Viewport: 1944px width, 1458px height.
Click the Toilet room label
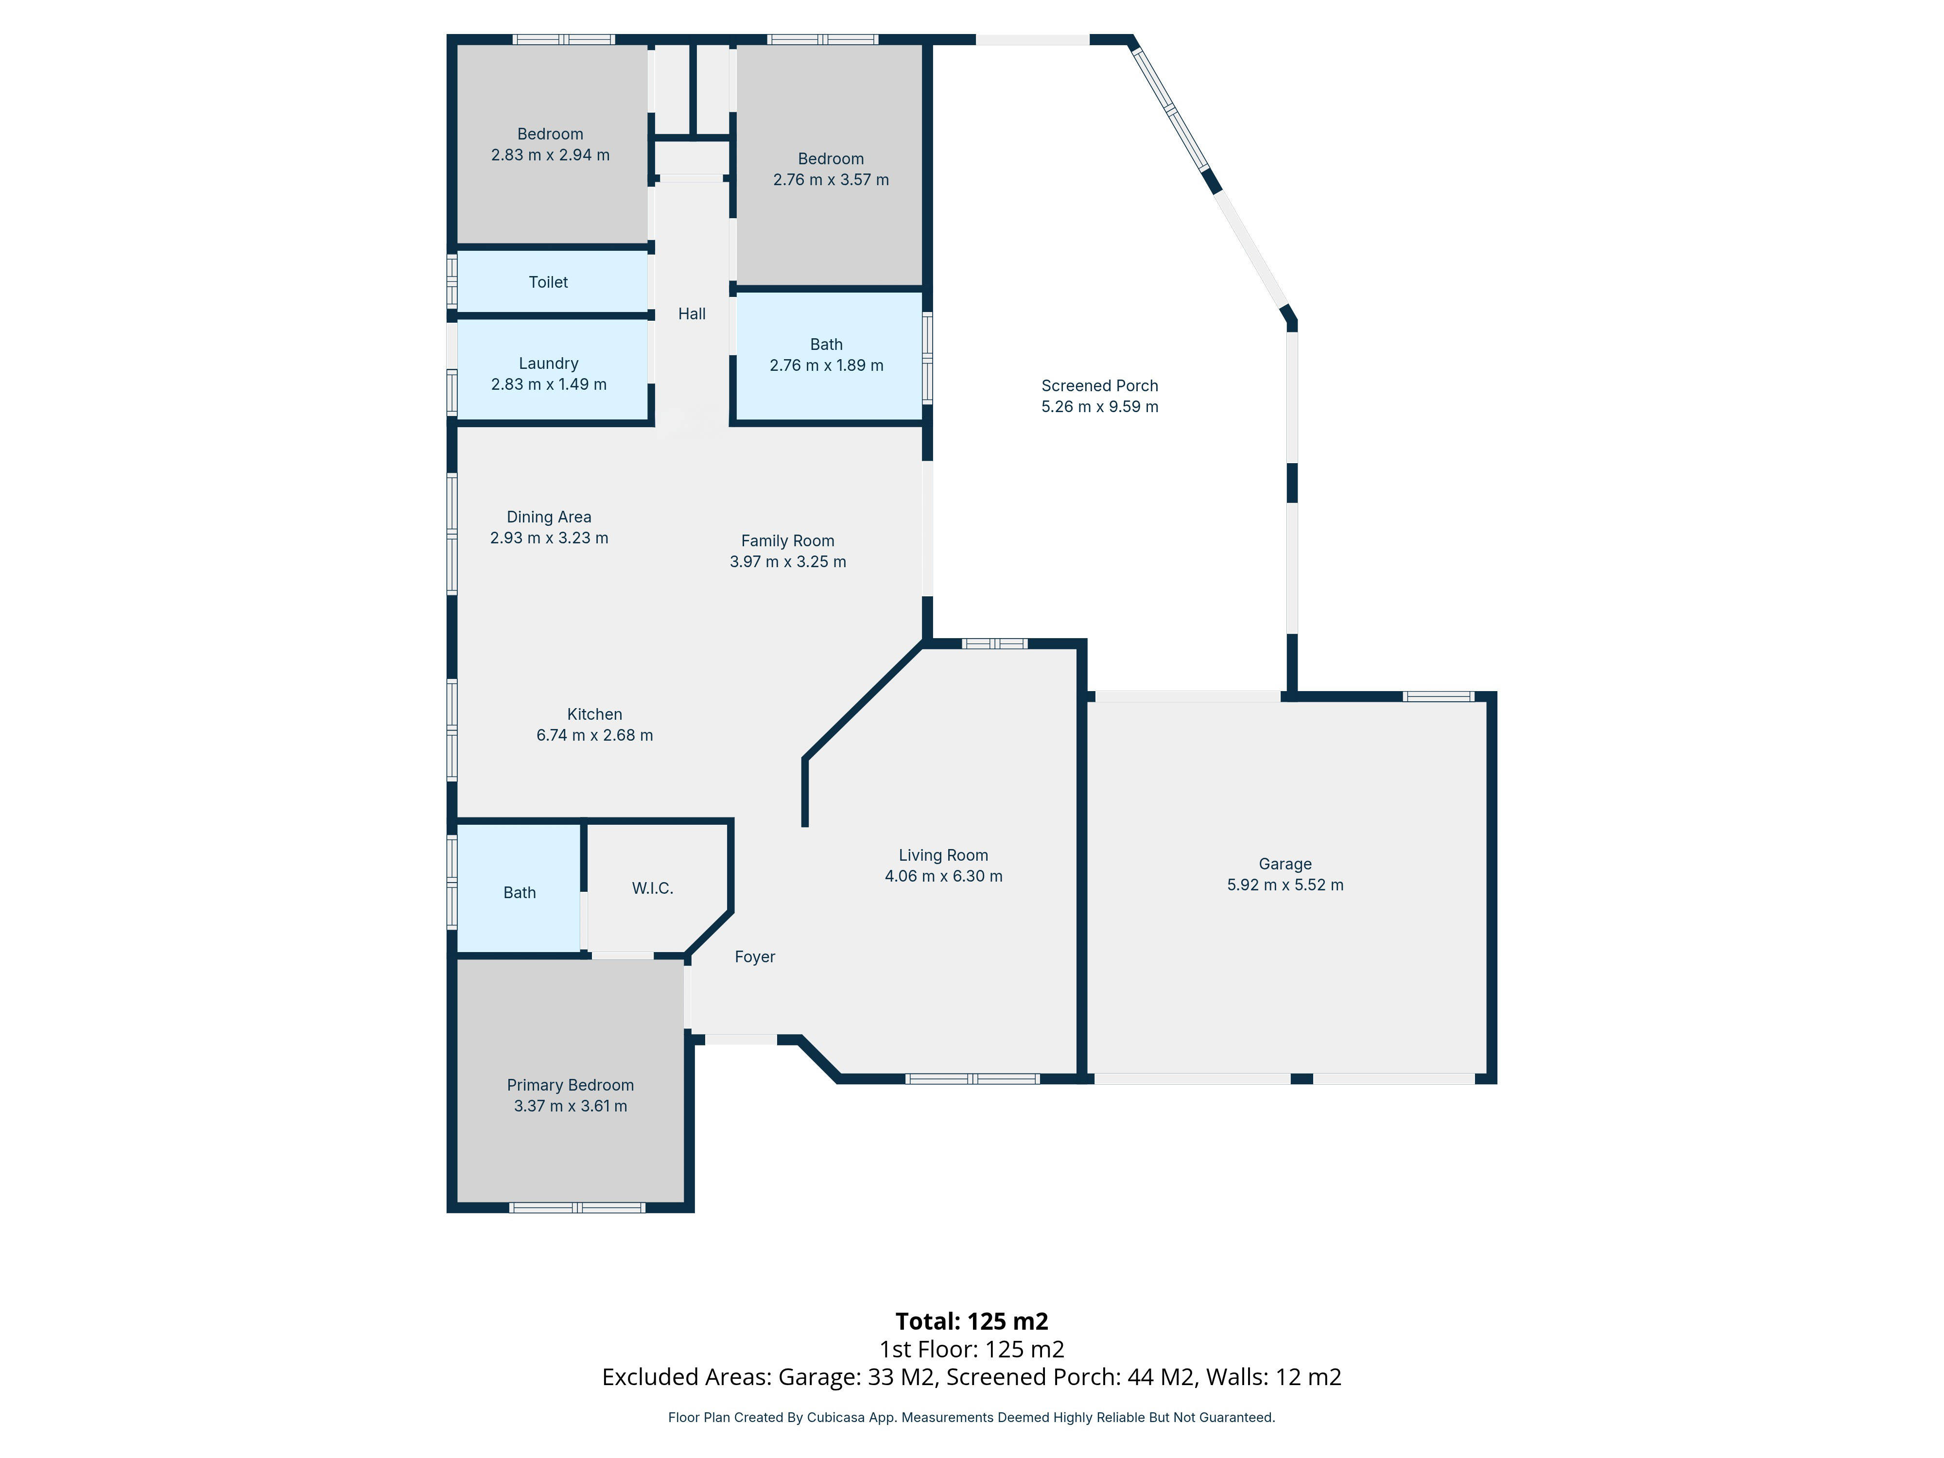(x=548, y=282)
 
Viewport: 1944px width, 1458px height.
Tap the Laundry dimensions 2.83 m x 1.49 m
(x=548, y=384)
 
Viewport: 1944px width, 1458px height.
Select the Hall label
(x=692, y=314)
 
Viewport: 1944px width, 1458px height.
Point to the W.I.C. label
(x=652, y=888)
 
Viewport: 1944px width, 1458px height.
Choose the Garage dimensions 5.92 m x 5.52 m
(x=1285, y=885)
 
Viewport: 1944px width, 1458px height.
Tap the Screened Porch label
(x=1099, y=386)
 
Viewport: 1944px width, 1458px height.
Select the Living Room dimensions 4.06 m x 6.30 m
(x=943, y=876)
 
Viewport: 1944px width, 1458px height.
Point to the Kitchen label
(x=594, y=714)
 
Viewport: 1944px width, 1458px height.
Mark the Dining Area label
(x=548, y=517)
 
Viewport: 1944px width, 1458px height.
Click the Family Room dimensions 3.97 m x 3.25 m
(x=787, y=562)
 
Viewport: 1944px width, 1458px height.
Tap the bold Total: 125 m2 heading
(x=971, y=1321)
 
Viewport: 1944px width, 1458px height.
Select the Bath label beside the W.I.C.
(x=520, y=893)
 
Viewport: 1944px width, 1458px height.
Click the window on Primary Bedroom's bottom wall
(x=577, y=1208)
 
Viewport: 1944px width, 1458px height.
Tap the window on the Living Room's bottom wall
(x=972, y=1078)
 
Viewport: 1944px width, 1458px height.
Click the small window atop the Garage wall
(x=1438, y=696)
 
